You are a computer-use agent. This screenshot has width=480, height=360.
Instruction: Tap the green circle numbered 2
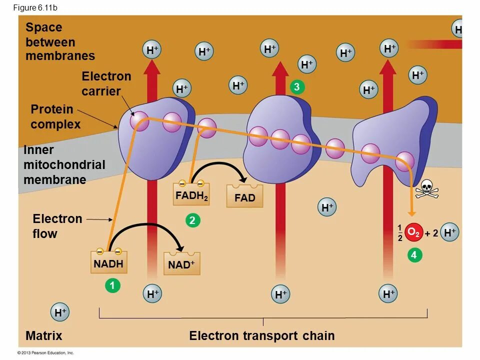(x=191, y=220)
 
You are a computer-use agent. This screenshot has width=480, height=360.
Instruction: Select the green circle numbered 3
(x=296, y=87)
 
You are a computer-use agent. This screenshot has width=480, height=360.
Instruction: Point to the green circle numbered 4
(x=413, y=255)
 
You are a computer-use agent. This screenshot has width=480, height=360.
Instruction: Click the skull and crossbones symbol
(x=426, y=189)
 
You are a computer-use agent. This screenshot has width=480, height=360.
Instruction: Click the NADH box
(x=108, y=262)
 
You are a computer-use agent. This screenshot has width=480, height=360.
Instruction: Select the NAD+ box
(x=181, y=264)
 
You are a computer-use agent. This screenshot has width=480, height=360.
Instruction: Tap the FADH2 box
(x=191, y=194)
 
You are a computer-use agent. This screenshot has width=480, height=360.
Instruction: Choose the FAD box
(x=244, y=196)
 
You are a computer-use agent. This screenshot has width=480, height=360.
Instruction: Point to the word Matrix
(x=44, y=335)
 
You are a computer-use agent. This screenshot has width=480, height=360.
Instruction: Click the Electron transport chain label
(x=261, y=335)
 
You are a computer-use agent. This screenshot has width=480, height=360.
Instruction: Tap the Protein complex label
(x=55, y=116)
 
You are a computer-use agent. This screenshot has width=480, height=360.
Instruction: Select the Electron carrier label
(x=106, y=83)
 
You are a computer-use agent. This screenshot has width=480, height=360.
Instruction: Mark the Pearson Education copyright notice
(x=46, y=352)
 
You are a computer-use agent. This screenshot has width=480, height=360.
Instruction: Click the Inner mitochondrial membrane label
(x=64, y=164)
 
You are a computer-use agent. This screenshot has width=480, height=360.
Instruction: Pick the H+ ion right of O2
(x=450, y=232)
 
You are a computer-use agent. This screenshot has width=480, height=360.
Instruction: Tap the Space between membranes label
(x=60, y=41)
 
